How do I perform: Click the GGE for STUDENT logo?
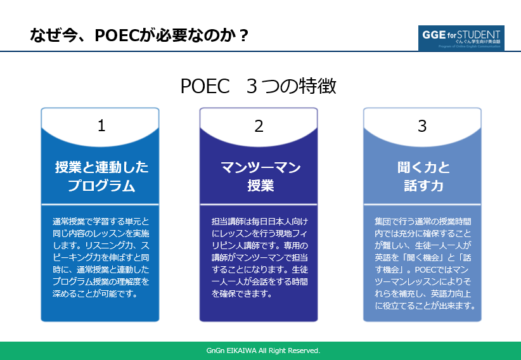point(461,38)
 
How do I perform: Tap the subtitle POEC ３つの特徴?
point(258,86)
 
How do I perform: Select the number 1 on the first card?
point(101,126)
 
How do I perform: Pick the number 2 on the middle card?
point(259,126)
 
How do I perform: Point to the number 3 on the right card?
point(422,126)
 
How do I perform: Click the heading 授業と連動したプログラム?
point(101,176)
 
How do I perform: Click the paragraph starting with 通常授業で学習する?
point(101,258)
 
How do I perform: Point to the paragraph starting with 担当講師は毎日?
point(259,258)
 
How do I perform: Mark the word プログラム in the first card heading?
point(101,186)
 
